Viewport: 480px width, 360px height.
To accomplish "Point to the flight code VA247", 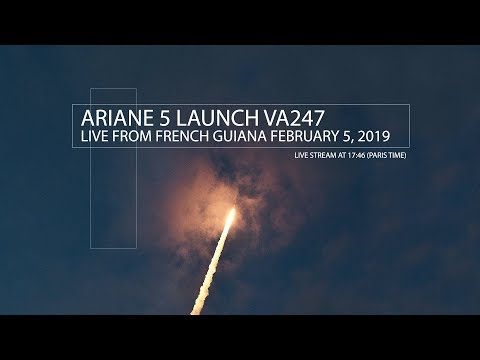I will point(304,117).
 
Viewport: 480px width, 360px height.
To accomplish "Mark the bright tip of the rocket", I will point(234,213).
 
